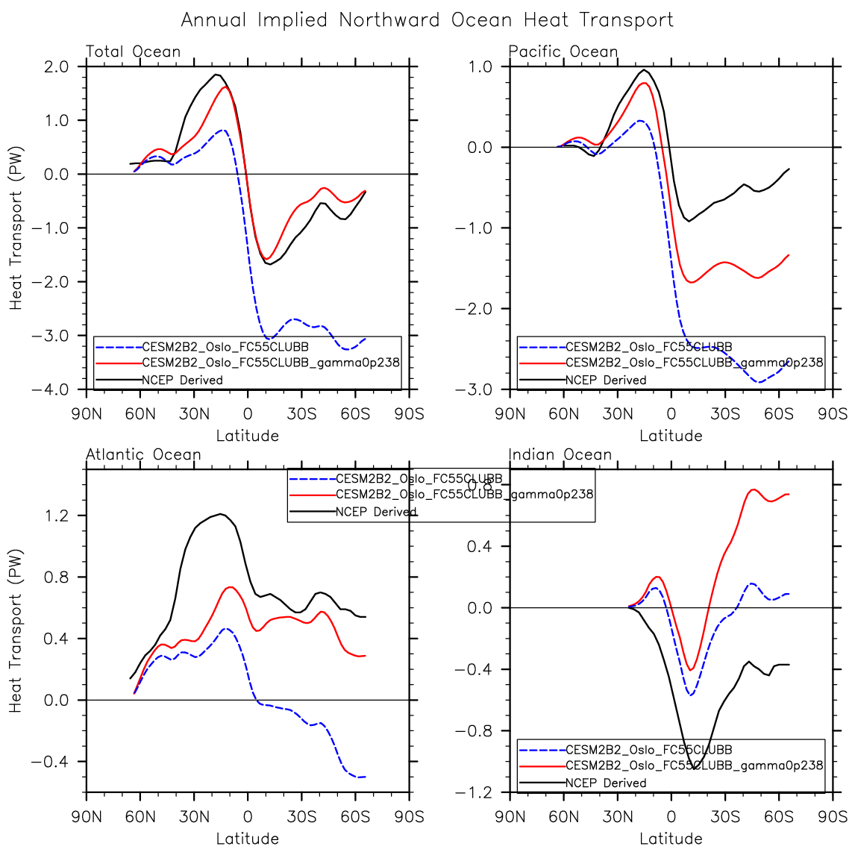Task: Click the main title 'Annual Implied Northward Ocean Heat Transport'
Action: pos(427,20)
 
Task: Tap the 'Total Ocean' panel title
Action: pos(134,51)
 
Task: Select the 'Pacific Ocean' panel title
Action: pos(563,51)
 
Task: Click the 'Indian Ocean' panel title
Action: pos(560,454)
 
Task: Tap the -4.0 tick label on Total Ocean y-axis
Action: pos(51,389)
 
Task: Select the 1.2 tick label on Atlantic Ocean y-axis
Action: pos(57,516)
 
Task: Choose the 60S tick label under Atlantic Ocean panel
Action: pos(355,816)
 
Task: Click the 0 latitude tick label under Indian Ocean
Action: pos(671,816)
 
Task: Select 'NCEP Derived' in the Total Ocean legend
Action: pos(183,380)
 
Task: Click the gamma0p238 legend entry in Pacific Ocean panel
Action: pos(694,363)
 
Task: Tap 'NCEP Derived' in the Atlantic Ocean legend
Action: pos(376,512)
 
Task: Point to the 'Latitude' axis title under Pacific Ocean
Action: pos(671,436)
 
